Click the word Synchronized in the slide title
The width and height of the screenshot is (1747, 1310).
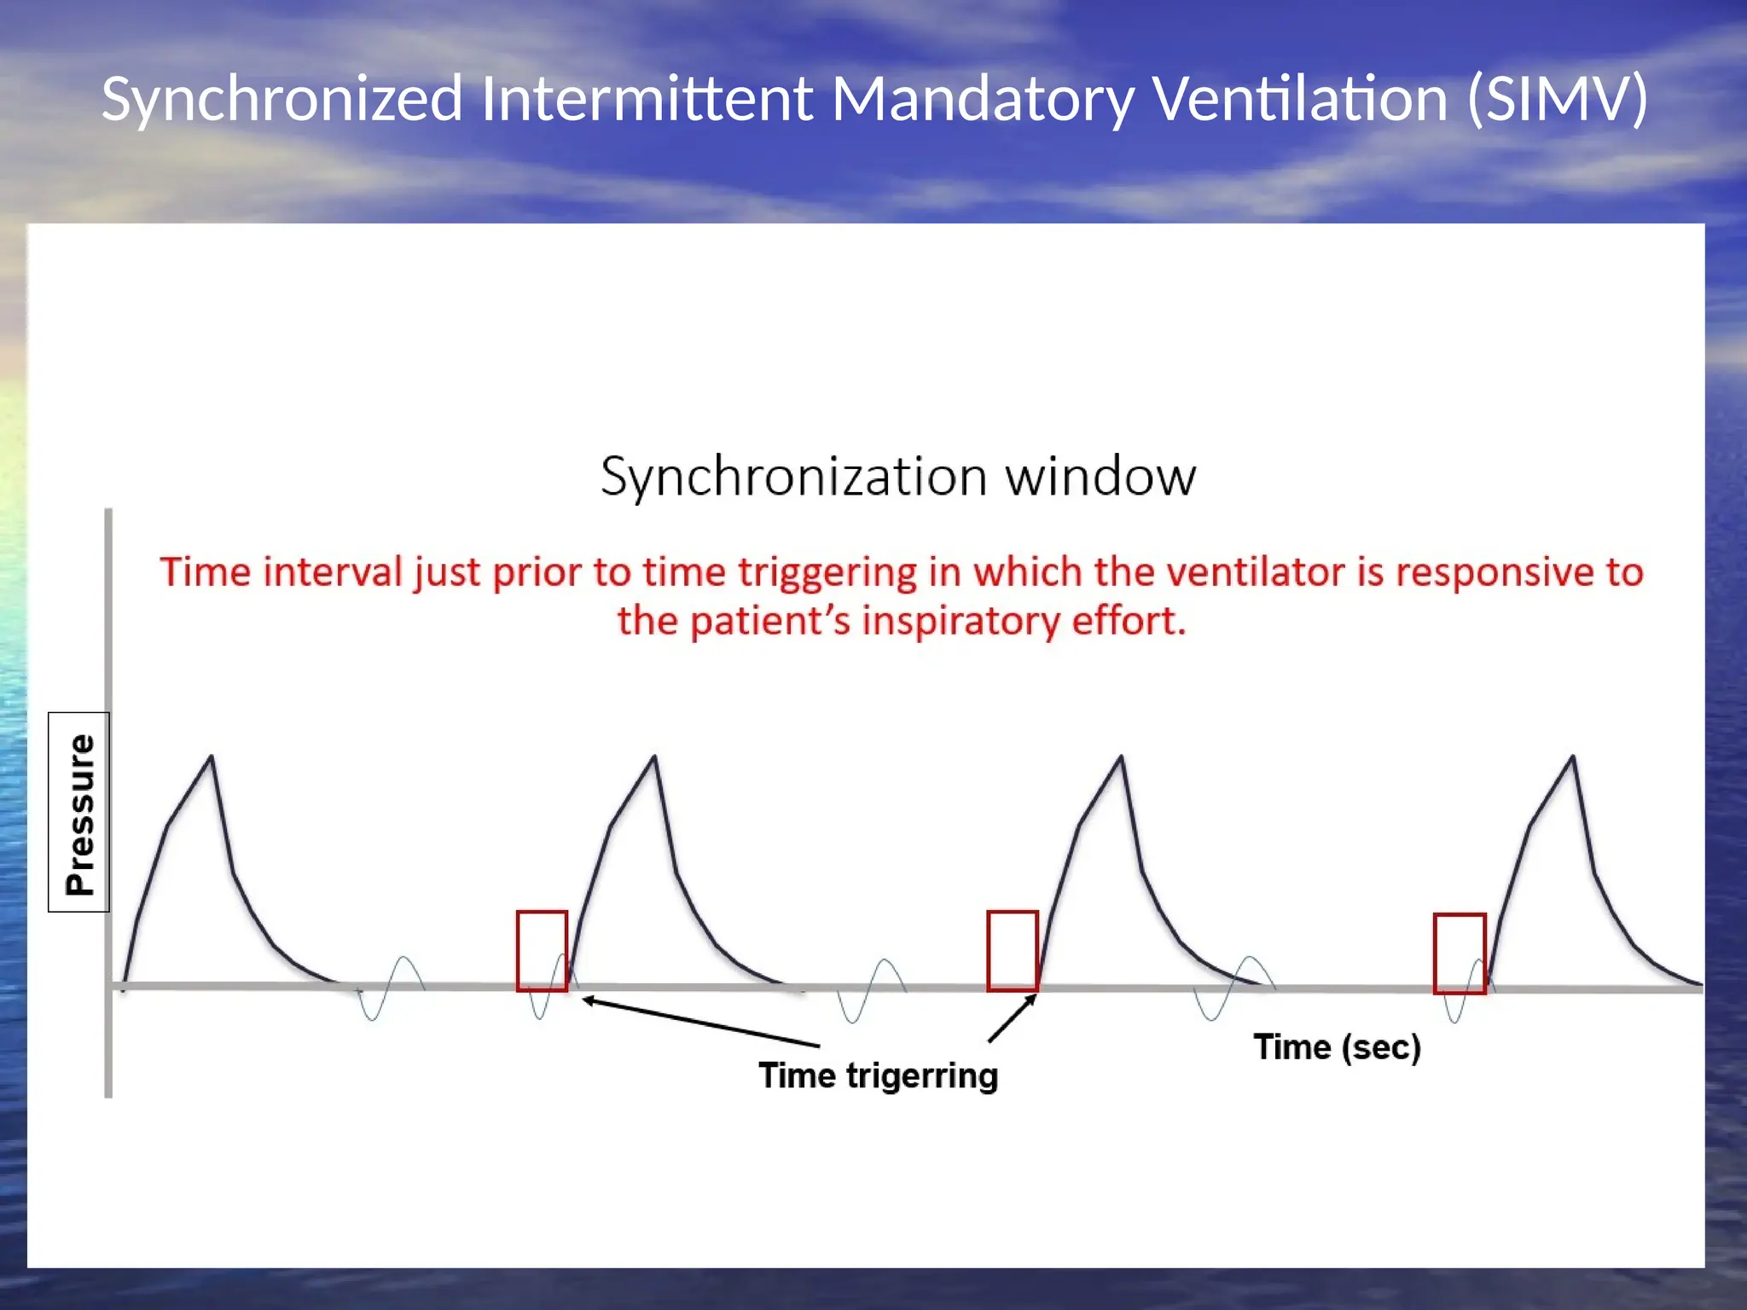tap(282, 100)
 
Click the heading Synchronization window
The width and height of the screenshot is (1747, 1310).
tap(898, 476)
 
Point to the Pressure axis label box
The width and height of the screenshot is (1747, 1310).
tap(79, 812)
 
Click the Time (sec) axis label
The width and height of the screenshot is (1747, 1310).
tap(1337, 1047)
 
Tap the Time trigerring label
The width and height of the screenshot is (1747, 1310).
tap(878, 1075)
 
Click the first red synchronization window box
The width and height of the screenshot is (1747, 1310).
tap(542, 951)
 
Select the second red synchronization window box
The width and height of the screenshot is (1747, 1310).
tap(1013, 951)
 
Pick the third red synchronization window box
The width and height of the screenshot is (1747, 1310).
tap(1460, 954)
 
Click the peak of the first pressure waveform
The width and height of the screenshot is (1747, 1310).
tap(212, 756)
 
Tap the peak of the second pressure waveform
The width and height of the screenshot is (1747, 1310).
tap(654, 756)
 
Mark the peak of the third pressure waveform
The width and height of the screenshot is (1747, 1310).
tap(1121, 756)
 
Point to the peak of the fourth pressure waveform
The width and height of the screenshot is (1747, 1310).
tap(1572, 756)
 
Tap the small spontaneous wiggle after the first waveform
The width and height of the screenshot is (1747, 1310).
tap(388, 989)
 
